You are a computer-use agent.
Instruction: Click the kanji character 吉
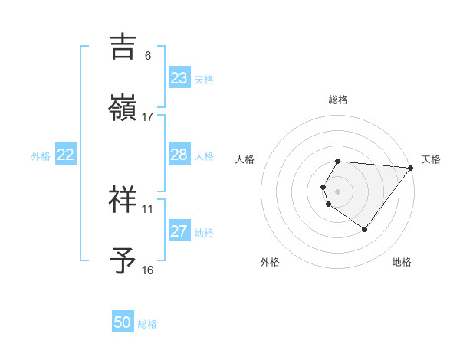pyautogui.click(x=123, y=47)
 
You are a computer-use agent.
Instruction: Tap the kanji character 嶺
pyautogui.click(x=123, y=108)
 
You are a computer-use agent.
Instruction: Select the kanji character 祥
pyautogui.click(x=123, y=200)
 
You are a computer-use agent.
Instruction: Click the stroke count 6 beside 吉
pyautogui.click(x=148, y=56)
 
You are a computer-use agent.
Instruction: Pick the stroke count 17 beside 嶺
pyautogui.click(x=148, y=116)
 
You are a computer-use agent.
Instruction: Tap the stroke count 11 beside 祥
pyautogui.click(x=148, y=208)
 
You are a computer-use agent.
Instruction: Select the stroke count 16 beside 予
pyautogui.click(x=148, y=270)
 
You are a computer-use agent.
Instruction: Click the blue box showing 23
pyautogui.click(x=179, y=78)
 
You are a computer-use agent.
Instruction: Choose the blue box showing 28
pyautogui.click(x=179, y=155)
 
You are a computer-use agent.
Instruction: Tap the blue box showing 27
pyautogui.click(x=179, y=231)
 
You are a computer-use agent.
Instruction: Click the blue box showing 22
pyautogui.click(x=66, y=155)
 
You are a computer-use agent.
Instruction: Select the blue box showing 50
pyautogui.click(x=123, y=322)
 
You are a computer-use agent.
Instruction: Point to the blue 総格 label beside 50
pyautogui.click(x=147, y=324)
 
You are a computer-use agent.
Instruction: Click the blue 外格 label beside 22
pyautogui.click(x=41, y=156)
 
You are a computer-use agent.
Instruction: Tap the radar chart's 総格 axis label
pyautogui.click(x=338, y=100)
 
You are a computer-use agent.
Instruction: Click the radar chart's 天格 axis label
pyautogui.click(x=432, y=159)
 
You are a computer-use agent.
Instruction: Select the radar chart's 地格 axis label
pyautogui.click(x=402, y=262)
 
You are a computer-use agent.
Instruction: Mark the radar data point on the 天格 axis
pyautogui.click(x=410, y=168)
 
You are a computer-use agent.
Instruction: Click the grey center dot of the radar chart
pyautogui.click(x=338, y=191)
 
